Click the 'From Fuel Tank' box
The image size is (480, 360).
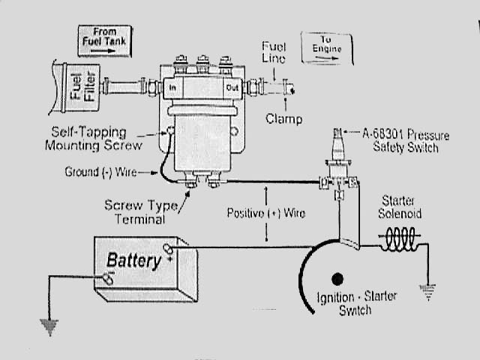pyautogui.click(x=104, y=40)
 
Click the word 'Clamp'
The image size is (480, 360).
pyautogui.click(x=284, y=118)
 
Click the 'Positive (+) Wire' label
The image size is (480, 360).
pyautogui.click(x=266, y=213)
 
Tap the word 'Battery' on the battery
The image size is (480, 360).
pyautogui.click(x=133, y=261)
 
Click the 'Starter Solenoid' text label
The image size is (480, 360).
pyautogui.click(x=401, y=208)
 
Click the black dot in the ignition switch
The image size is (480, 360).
pyautogui.click(x=337, y=279)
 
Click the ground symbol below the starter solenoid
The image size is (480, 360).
pyautogui.click(x=428, y=293)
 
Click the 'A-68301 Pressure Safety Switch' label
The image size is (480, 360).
pyautogui.click(x=406, y=140)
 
